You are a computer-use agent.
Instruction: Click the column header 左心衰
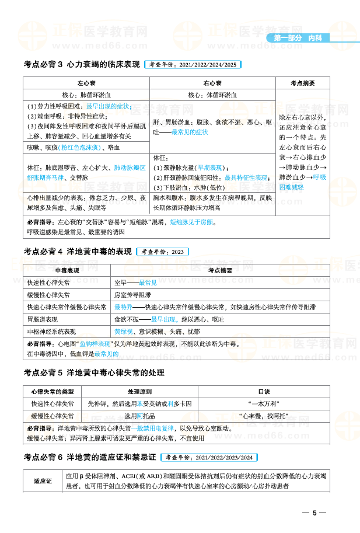(x=86, y=83)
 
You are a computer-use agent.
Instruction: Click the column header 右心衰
(x=212, y=83)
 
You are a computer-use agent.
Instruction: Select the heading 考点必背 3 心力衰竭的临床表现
(x=82, y=64)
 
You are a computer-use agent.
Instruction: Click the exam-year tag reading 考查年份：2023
(x=162, y=252)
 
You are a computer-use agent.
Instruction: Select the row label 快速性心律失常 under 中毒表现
(x=48, y=283)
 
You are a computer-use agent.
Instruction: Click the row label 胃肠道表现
(x=42, y=319)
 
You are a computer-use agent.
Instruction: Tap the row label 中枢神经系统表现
(x=51, y=332)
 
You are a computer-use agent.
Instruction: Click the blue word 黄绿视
(x=123, y=332)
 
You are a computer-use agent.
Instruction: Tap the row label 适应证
(x=43, y=480)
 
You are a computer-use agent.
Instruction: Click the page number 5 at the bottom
(x=314, y=513)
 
